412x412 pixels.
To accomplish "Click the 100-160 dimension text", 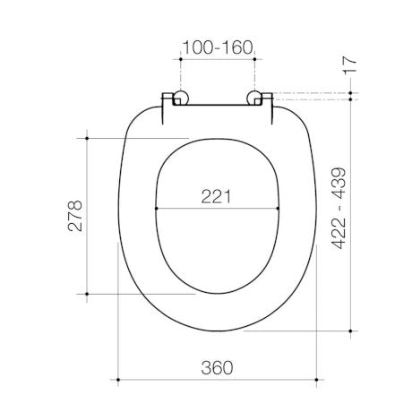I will (218, 46).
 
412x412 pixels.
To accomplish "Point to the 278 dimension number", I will (76, 216).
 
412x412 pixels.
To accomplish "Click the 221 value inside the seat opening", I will (217, 195).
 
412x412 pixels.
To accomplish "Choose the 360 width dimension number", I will (217, 366).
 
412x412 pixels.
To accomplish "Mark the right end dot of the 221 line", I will (279, 209).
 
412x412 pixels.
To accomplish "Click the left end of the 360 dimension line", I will (119, 381).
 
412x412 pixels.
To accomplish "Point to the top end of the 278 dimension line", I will (88, 138).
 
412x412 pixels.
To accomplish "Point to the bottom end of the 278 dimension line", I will (88, 293).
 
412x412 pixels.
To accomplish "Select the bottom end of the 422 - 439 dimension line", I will (350, 330).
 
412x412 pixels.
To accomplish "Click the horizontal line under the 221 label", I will (218, 209).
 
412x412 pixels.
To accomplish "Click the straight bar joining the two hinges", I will (217, 103).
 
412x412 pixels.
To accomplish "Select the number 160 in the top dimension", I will (236, 46).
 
